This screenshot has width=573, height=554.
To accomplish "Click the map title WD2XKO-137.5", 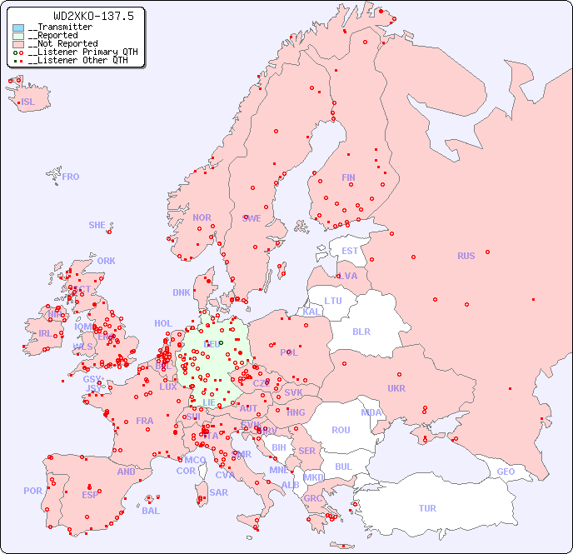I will point(82,16).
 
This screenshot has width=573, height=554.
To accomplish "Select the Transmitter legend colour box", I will point(18,27).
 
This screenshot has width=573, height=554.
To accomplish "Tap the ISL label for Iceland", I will point(28,102).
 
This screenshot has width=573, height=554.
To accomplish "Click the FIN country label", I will point(348,177).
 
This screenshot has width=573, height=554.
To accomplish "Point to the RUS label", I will point(466,256).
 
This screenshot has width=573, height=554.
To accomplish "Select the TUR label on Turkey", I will point(427,508).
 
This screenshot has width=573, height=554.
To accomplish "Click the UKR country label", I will point(396,388).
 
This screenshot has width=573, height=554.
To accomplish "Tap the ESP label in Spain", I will point(90,494).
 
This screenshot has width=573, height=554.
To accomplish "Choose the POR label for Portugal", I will point(32,491).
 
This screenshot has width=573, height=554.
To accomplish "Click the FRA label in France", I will point(145,421).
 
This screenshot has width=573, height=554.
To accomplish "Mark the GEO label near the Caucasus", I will point(506,472).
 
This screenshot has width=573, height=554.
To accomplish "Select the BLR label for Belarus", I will point(361,331).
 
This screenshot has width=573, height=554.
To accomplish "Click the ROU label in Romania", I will point(341,430).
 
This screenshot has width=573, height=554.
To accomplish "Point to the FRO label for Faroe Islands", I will point(71,177).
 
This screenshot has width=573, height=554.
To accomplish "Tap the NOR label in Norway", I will point(202,217).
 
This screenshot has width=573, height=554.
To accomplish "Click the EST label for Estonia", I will point(350,251).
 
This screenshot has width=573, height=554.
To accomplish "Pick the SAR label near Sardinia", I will point(218,492).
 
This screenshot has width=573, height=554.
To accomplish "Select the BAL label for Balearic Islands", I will point(151,511).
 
